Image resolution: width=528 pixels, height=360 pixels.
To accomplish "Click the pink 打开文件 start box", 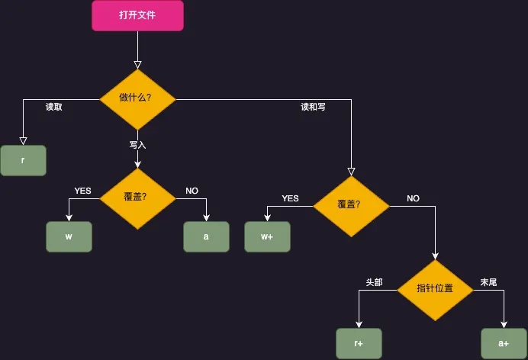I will click(x=137, y=15).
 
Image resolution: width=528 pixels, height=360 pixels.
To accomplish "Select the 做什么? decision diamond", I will click(x=137, y=99).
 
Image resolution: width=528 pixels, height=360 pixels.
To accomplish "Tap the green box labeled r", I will click(x=23, y=160).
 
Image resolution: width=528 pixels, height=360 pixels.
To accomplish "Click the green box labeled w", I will click(x=69, y=236).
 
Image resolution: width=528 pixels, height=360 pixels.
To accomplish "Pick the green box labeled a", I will click(x=206, y=236).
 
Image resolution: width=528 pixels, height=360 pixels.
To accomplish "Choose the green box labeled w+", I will click(x=267, y=236).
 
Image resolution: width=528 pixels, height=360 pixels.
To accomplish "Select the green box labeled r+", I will click(x=359, y=343).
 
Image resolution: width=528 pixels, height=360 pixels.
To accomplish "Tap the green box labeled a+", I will click(x=504, y=343).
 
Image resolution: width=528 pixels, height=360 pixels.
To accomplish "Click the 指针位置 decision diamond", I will click(x=435, y=289).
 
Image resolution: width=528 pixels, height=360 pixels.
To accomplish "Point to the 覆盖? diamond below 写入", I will click(x=137, y=198).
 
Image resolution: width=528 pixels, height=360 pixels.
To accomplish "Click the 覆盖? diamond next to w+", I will click(x=351, y=205).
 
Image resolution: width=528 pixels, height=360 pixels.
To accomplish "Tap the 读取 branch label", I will click(x=54, y=108).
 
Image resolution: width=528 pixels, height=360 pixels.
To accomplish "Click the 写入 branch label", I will click(x=137, y=144).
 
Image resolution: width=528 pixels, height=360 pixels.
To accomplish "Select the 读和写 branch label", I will click(x=313, y=108).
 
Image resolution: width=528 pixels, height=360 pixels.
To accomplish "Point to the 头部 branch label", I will click(x=375, y=282).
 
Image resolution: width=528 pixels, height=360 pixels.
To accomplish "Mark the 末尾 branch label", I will click(x=488, y=282).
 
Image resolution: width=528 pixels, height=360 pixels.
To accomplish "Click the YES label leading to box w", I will click(x=82, y=191).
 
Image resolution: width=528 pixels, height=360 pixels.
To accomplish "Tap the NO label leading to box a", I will click(x=192, y=191).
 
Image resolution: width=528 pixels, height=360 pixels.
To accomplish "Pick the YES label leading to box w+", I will click(x=290, y=198).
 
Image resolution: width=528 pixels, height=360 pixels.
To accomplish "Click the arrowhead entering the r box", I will click(x=23, y=140).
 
